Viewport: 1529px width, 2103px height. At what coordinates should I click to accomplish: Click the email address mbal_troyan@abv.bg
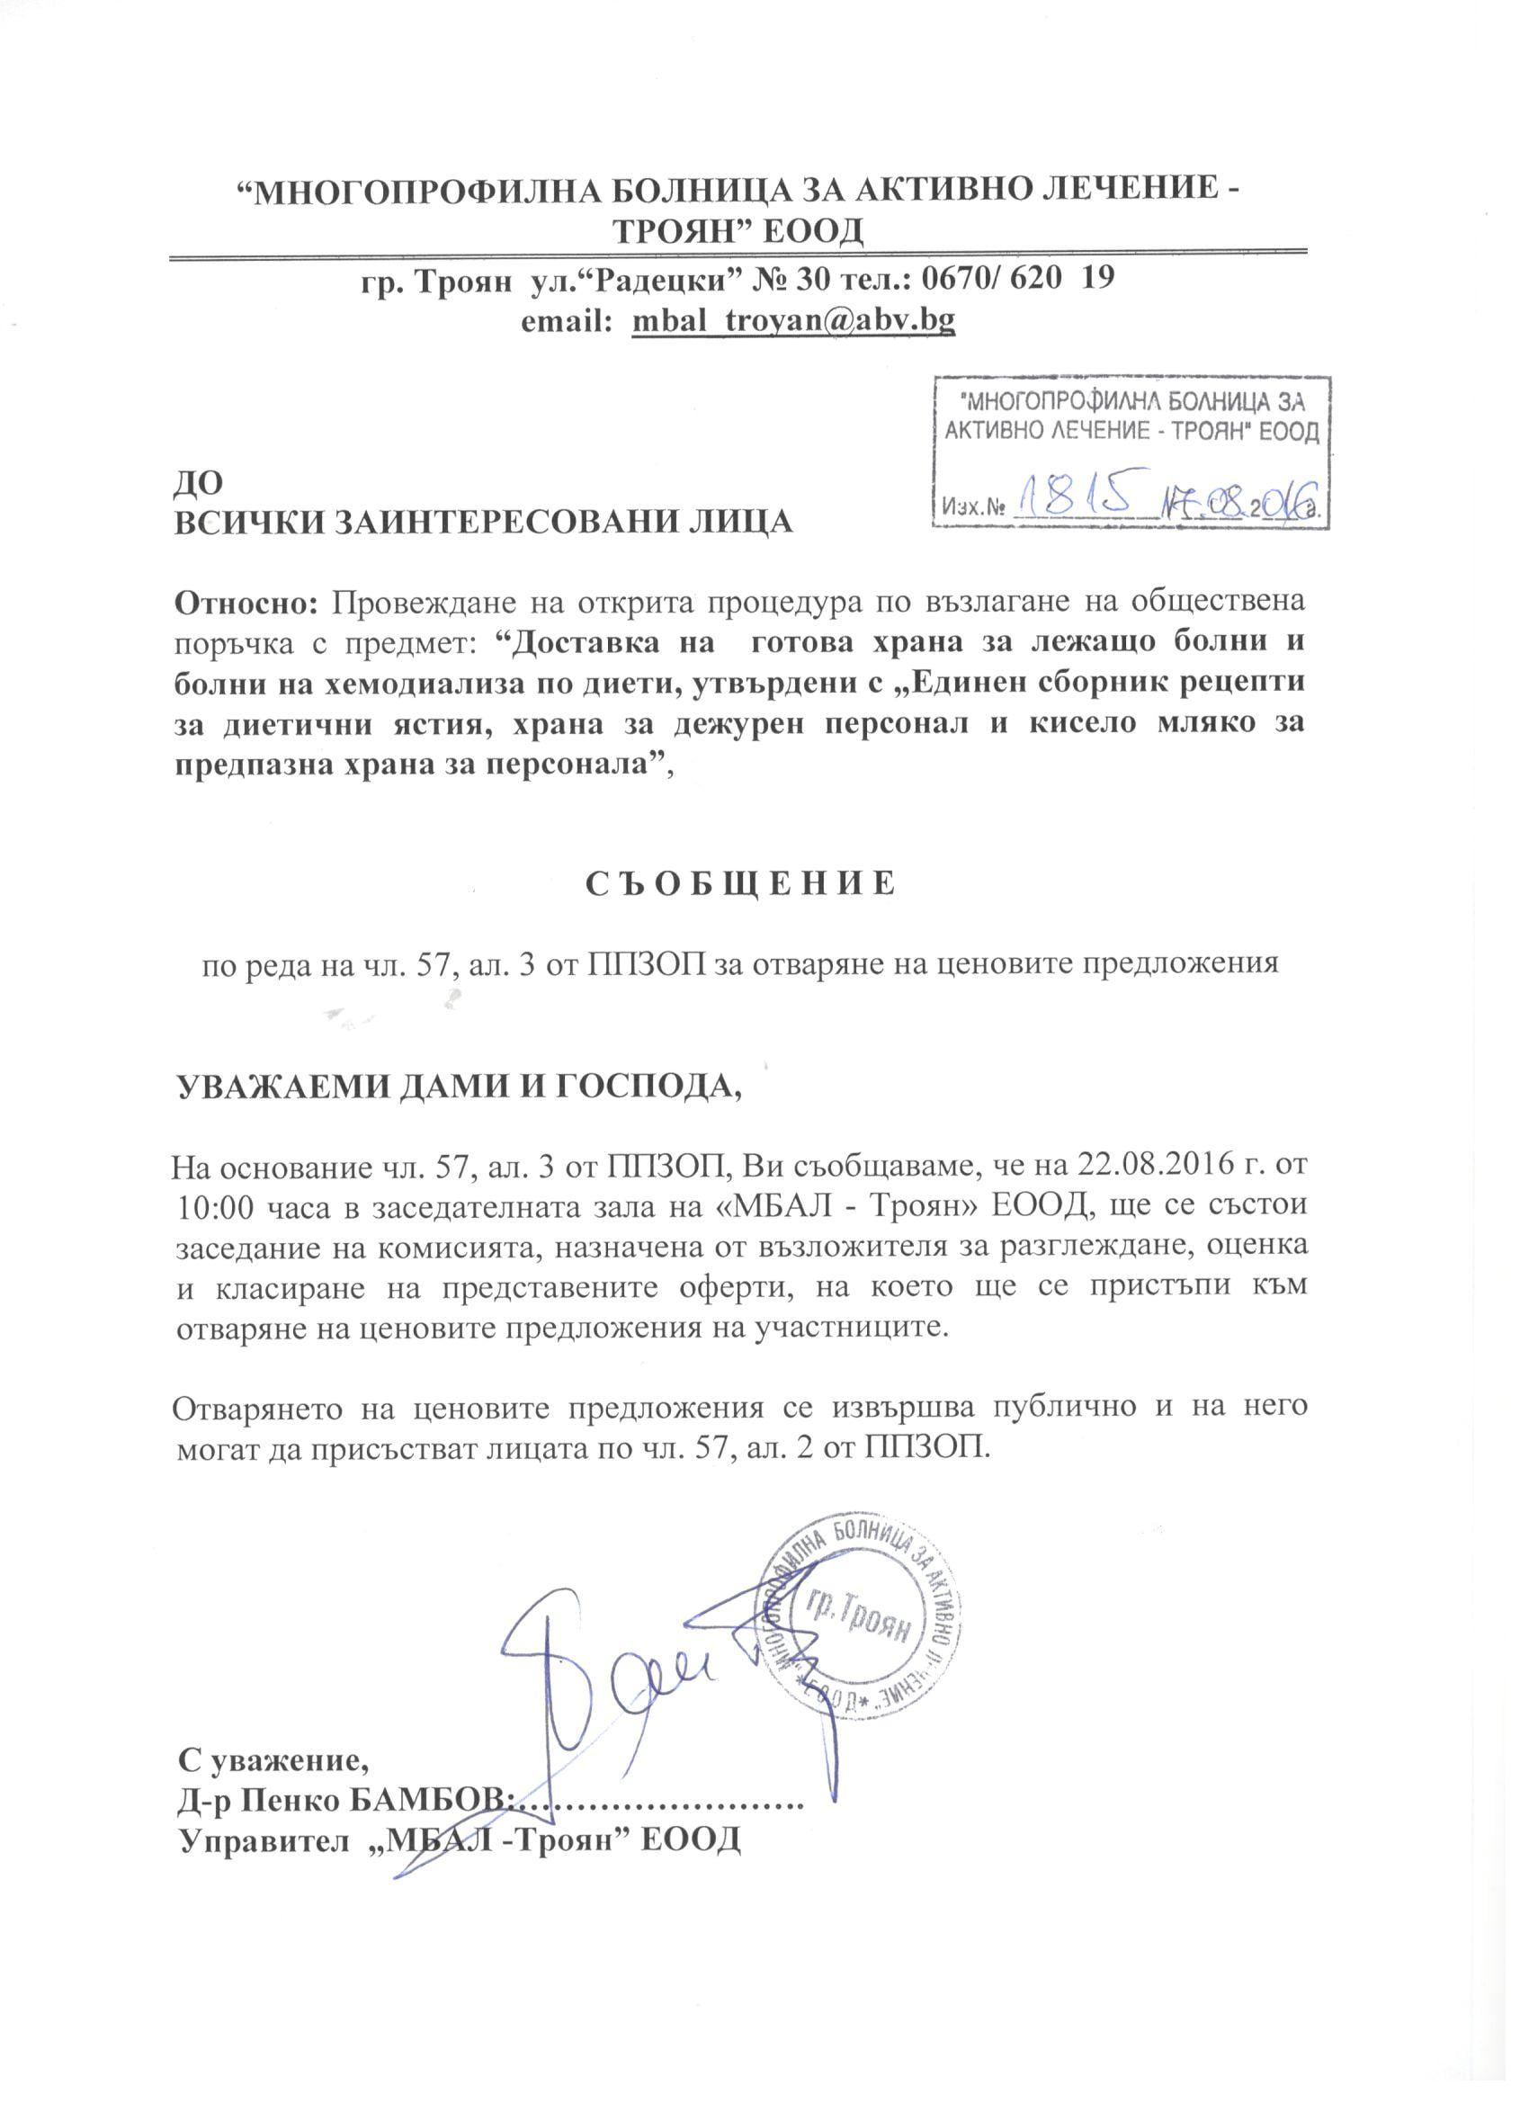point(792,321)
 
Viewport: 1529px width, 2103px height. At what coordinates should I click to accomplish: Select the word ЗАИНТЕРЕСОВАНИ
point(498,521)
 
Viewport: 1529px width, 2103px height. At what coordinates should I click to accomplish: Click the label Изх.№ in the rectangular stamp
point(975,507)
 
